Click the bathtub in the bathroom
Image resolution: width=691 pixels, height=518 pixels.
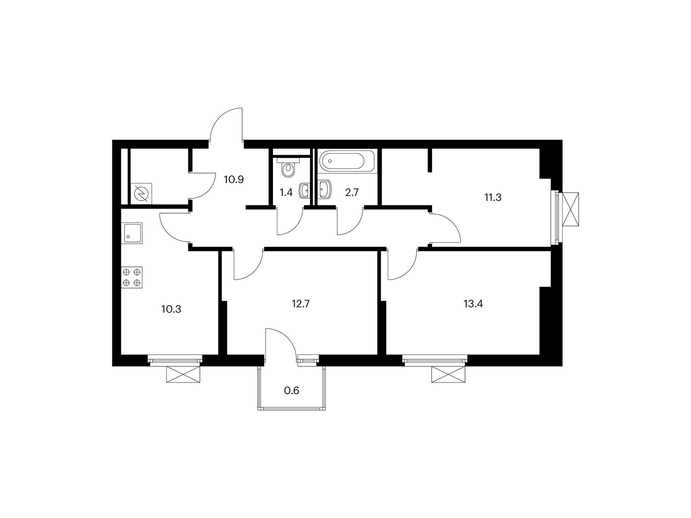(x=347, y=161)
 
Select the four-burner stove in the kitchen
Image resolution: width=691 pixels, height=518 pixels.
(x=132, y=277)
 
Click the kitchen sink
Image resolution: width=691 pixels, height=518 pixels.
(x=133, y=233)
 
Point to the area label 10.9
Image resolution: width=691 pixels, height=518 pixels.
(x=234, y=180)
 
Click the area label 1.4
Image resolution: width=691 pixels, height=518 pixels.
(x=286, y=193)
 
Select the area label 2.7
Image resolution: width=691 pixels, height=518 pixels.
(x=352, y=193)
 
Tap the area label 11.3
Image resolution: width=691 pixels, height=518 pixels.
(x=493, y=198)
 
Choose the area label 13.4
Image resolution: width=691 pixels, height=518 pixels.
(x=473, y=304)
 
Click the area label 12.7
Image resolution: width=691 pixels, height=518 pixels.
(x=301, y=304)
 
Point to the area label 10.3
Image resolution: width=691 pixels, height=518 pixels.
(x=171, y=310)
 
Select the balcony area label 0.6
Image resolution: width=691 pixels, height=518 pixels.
(x=292, y=391)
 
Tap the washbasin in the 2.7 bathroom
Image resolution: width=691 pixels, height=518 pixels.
(x=324, y=190)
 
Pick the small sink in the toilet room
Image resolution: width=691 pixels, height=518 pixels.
(x=304, y=190)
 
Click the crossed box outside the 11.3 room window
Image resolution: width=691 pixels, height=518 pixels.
(x=570, y=209)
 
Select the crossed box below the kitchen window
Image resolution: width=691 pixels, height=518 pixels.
(x=183, y=374)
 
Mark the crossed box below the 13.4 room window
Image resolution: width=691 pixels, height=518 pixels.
(x=448, y=374)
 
